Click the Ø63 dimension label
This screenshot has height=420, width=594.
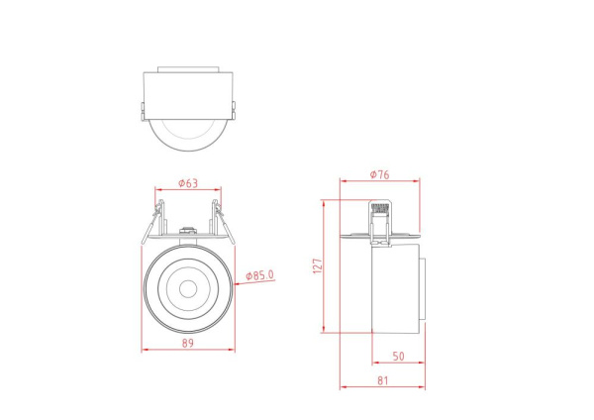pos(188,182)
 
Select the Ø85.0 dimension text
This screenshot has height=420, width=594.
pos(259,275)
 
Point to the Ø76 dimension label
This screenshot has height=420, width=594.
pos(379,175)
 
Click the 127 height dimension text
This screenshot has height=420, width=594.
pos(318,267)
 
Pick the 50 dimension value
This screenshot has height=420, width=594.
pos(397,356)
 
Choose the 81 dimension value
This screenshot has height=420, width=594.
pos(381,379)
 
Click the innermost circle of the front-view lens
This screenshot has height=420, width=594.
pos(188,289)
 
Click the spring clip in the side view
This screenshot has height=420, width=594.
pos(378,220)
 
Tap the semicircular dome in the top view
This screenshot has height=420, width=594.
pos(188,134)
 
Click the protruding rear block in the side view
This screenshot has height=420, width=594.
pos(424,289)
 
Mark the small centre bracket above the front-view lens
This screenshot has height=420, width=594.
pos(188,232)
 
